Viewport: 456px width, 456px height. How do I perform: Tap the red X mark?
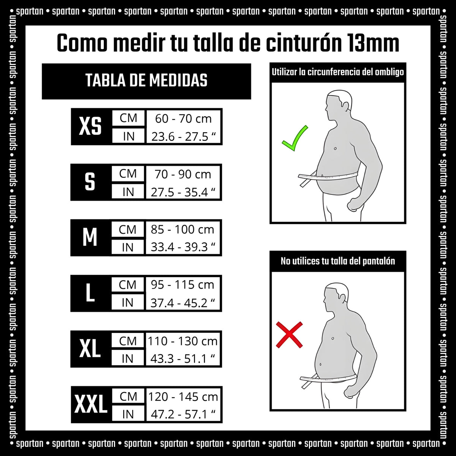point(289,335)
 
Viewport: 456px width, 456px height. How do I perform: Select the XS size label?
point(90,127)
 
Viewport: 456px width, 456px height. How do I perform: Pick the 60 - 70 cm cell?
point(184,119)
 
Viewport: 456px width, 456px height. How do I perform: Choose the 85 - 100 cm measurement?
point(182,229)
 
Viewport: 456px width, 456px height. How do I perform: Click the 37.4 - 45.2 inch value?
point(183,303)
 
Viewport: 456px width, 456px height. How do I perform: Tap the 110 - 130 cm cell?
point(183,341)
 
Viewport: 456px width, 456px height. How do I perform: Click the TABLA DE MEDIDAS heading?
point(146,81)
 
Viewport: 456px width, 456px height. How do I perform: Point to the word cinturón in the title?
point(303,43)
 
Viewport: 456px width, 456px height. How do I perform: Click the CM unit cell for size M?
point(128,229)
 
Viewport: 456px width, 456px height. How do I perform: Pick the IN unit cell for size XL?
point(128,359)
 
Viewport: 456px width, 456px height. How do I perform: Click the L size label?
point(90,293)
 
